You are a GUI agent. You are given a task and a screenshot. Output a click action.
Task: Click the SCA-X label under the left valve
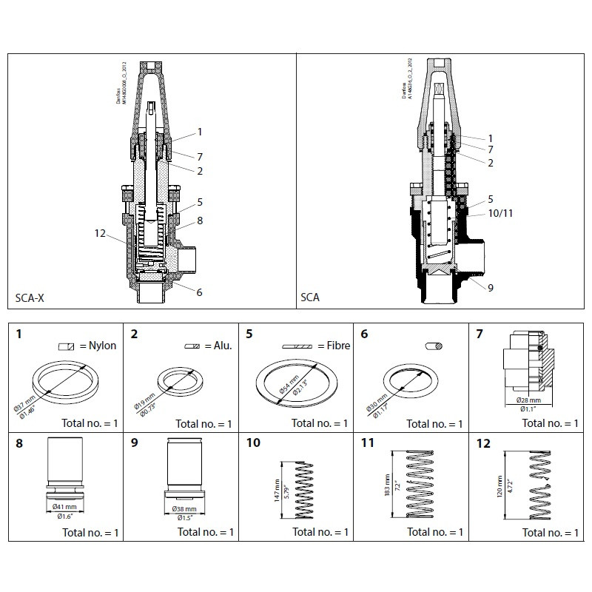coord(30,298)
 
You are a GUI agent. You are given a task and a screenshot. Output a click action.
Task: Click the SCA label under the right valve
coord(309,298)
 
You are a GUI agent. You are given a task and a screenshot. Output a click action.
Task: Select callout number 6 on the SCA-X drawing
coord(199,292)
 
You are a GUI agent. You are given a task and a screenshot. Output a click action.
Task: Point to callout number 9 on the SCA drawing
coord(491,288)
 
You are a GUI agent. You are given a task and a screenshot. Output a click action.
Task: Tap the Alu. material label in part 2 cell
coord(220,346)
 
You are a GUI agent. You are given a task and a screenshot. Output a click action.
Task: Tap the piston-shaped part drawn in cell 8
coord(64,469)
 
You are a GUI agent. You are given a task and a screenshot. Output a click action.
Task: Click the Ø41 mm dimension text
coord(64,506)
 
